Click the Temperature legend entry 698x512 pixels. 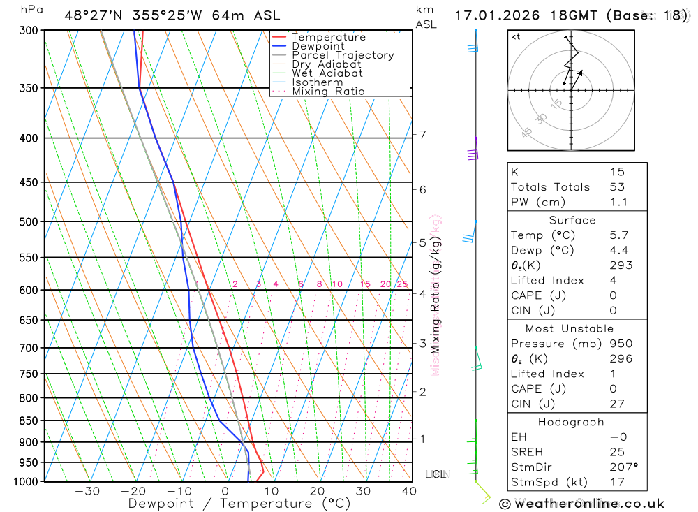click(328, 37)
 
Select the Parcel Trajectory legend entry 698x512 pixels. click(343, 55)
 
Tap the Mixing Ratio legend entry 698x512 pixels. click(328, 92)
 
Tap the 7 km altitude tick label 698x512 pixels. click(423, 134)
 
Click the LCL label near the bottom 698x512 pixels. click(435, 474)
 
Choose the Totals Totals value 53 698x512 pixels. click(617, 187)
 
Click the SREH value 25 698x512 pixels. click(617, 452)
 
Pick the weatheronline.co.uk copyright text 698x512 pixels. click(581, 504)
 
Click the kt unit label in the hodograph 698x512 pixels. click(516, 36)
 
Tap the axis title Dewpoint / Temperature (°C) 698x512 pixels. click(239, 503)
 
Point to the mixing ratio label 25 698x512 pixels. click(402, 284)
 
